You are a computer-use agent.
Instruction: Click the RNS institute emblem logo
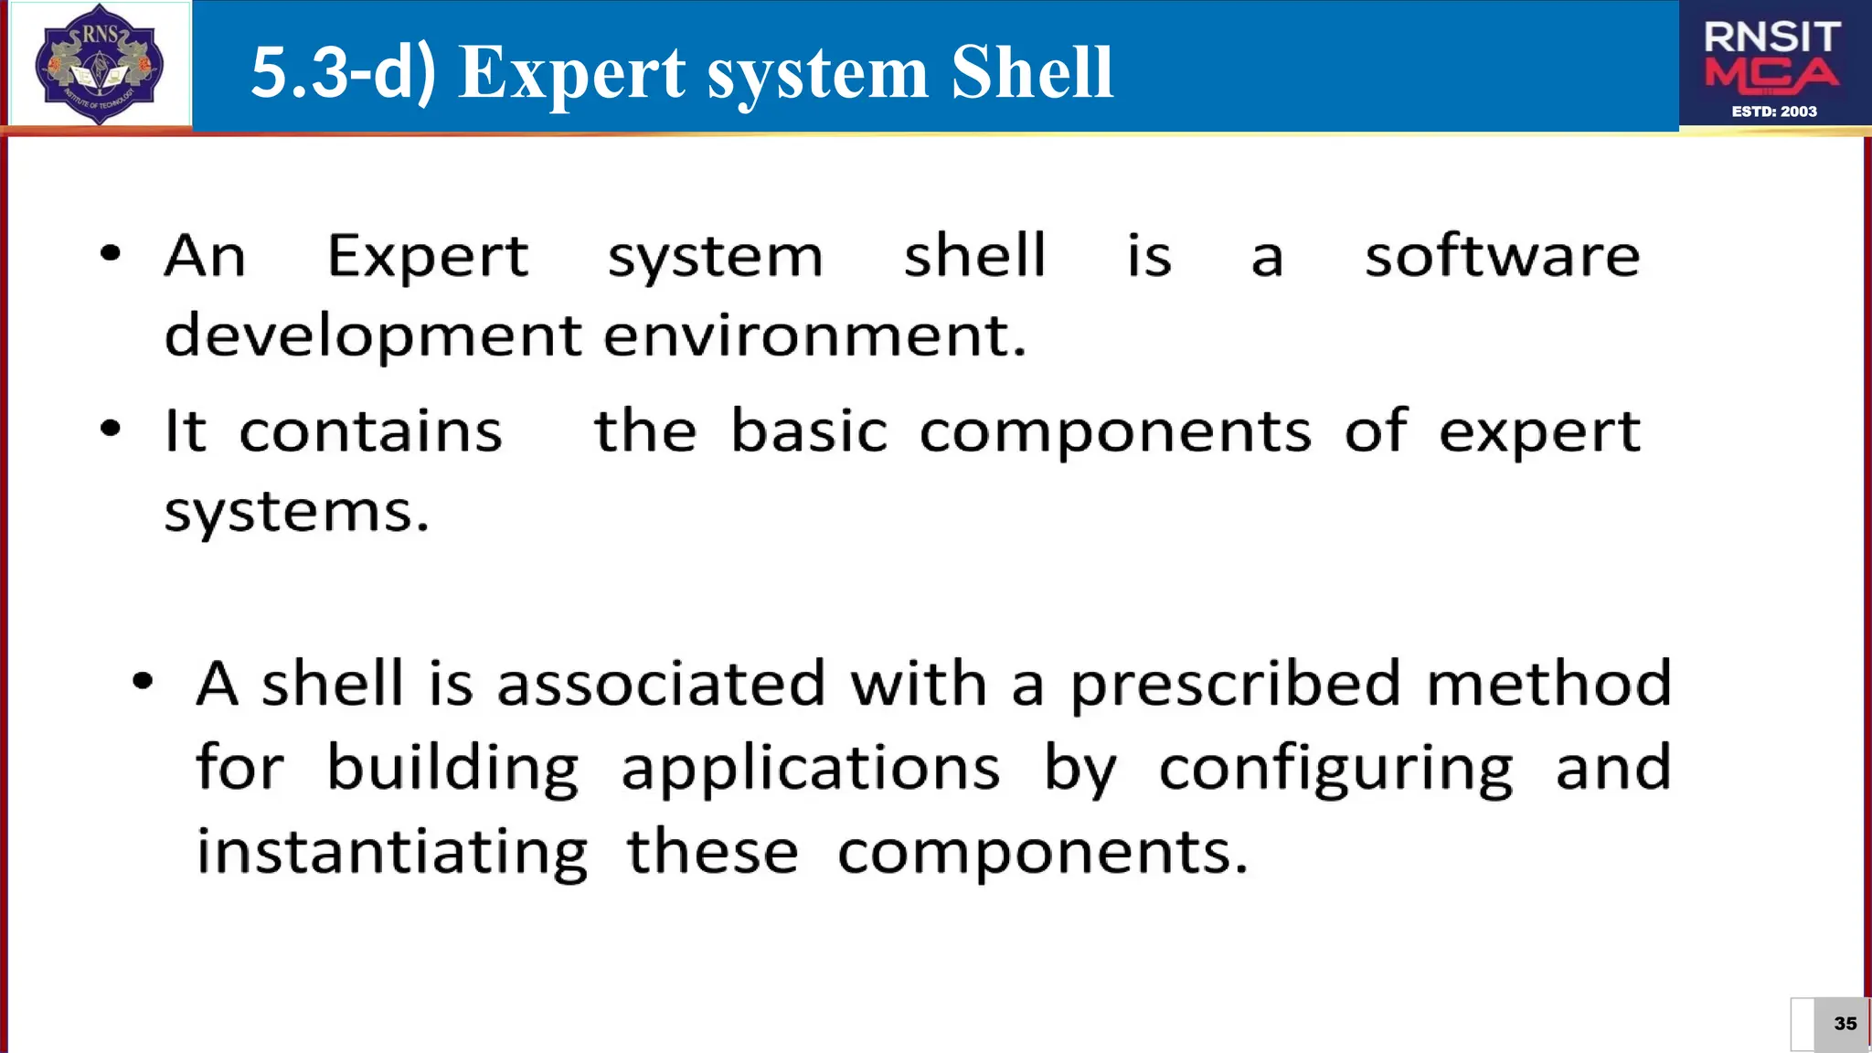[99, 64]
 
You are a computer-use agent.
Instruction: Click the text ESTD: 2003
[1774, 112]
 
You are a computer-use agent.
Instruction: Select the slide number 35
[1845, 1024]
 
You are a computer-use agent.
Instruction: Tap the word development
[373, 336]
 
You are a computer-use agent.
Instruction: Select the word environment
[814, 335]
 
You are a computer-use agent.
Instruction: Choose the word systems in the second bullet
[296, 512]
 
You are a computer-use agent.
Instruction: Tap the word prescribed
[1235, 685]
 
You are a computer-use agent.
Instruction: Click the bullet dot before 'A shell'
[142, 680]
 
